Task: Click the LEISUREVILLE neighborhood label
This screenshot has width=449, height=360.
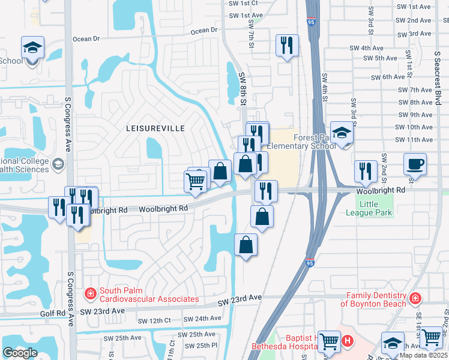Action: click(x=155, y=128)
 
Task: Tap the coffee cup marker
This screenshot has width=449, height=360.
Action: click(x=415, y=164)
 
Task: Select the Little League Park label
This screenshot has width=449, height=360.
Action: click(x=369, y=208)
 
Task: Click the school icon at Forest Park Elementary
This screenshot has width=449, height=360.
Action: click(x=342, y=133)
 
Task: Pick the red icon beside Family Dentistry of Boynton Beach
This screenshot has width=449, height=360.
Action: click(x=414, y=298)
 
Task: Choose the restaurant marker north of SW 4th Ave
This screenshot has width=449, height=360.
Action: click(x=287, y=46)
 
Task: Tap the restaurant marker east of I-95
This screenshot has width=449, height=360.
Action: click(x=366, y=171)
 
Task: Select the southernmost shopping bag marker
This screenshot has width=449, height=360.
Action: click(x=246, y=245)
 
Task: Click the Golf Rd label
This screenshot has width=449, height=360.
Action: click(x=52, y=314)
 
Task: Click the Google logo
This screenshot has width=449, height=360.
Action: click(x=20, y=352)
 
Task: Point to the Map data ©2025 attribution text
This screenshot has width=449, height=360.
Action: click(x=423, y=355)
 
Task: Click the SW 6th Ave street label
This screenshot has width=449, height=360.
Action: click(x=388, y=77)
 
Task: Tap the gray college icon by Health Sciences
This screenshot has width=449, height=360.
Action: click(x=58, y=164)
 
